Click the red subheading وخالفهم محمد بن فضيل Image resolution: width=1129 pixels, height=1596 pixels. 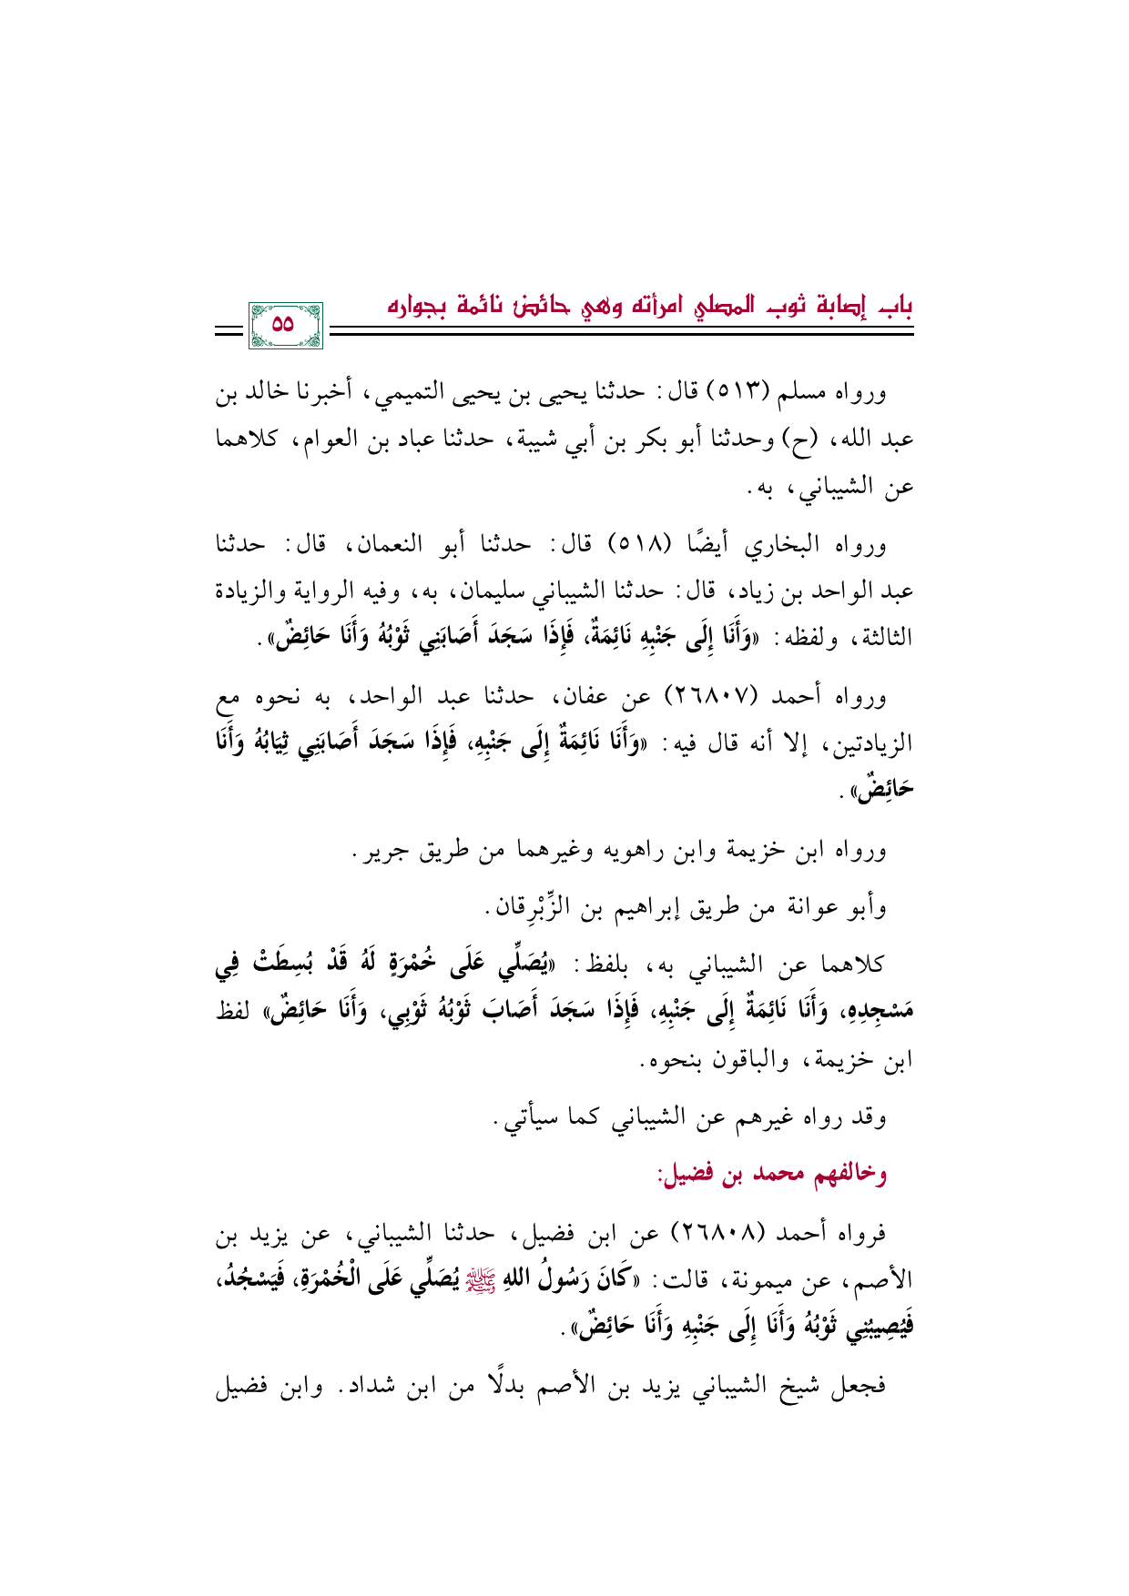(x=772, y=1174)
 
